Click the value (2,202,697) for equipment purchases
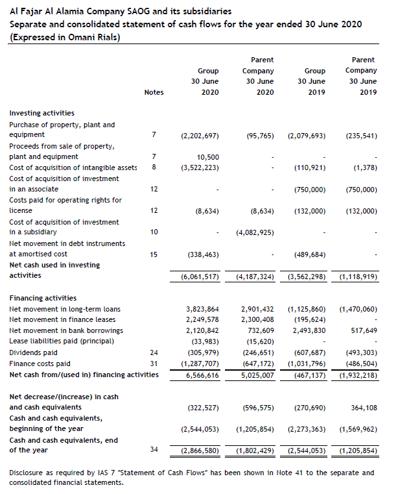pyautogui.click(x=200, y=136)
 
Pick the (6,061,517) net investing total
pyautogui.click(x=200, y=277)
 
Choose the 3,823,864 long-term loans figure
pyautogui.click(x=202, y=309)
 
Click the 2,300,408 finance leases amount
pyautogui.click(x=257, y=319)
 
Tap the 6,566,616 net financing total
pyautogui.click(x=202, y=375)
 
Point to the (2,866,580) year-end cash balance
pyautogui.click(x=200, y=451)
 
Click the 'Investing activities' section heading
pyautogui.click(x=41, y=113)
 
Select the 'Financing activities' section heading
pyautogui.click(x=43, y=298)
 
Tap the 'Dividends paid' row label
pyautogui.click(x=32, y=352)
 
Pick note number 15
pyautogui.click(x=154, y=254)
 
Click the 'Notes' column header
pyautogui.click(x=154, y=92)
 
